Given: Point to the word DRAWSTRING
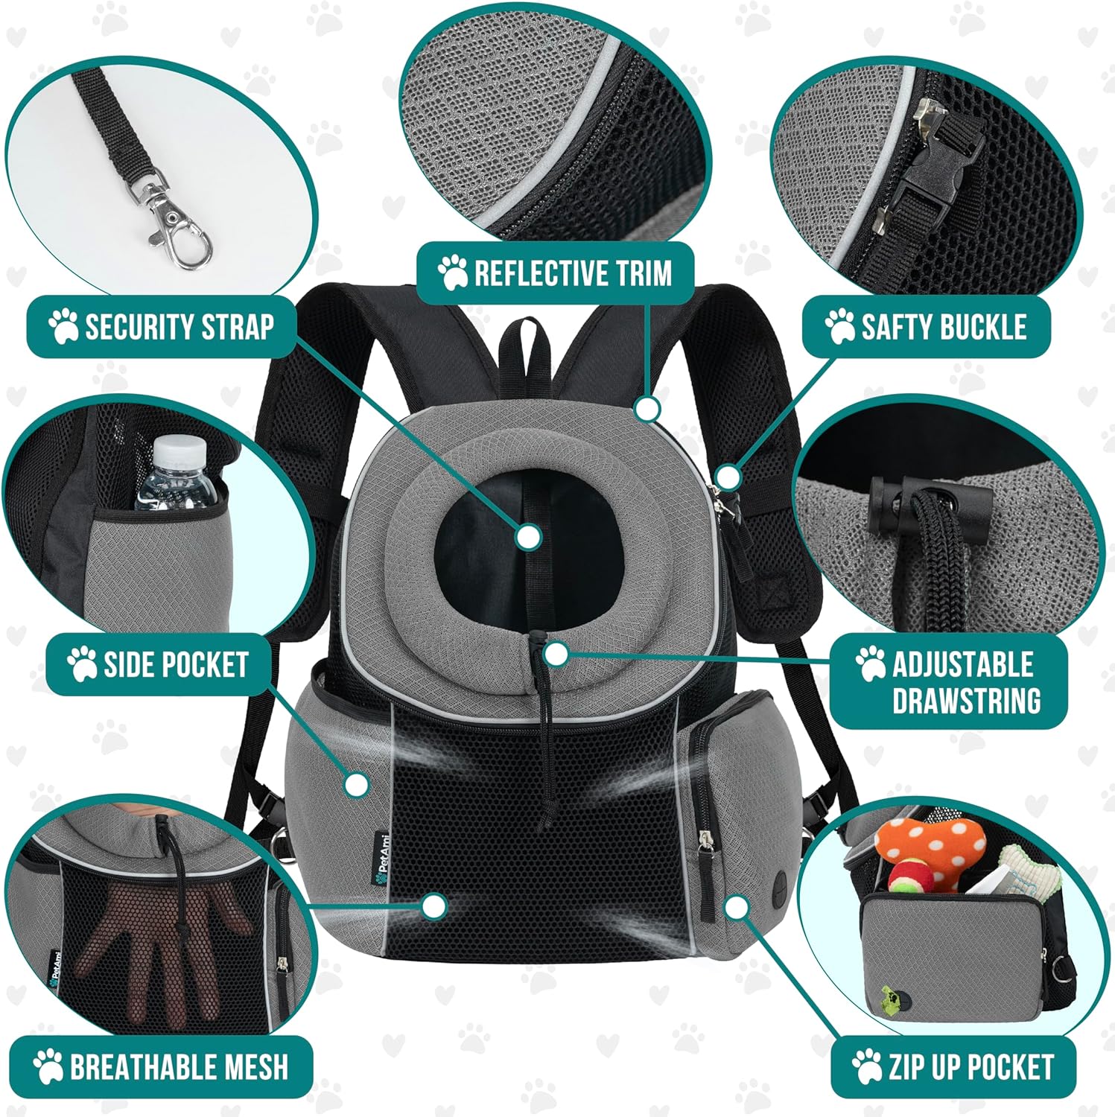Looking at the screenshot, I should pyautogui.click(x=966, y=701).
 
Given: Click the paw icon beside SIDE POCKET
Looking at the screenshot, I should pyautogui.click(x=81, y=663).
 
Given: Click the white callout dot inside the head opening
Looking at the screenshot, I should pyautogui.click(x=528, y=536).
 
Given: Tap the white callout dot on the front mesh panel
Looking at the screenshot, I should pyautogui.click(x=433, y=906).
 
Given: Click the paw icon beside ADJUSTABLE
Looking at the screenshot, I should pyautogui.click(x=869, y=663).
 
